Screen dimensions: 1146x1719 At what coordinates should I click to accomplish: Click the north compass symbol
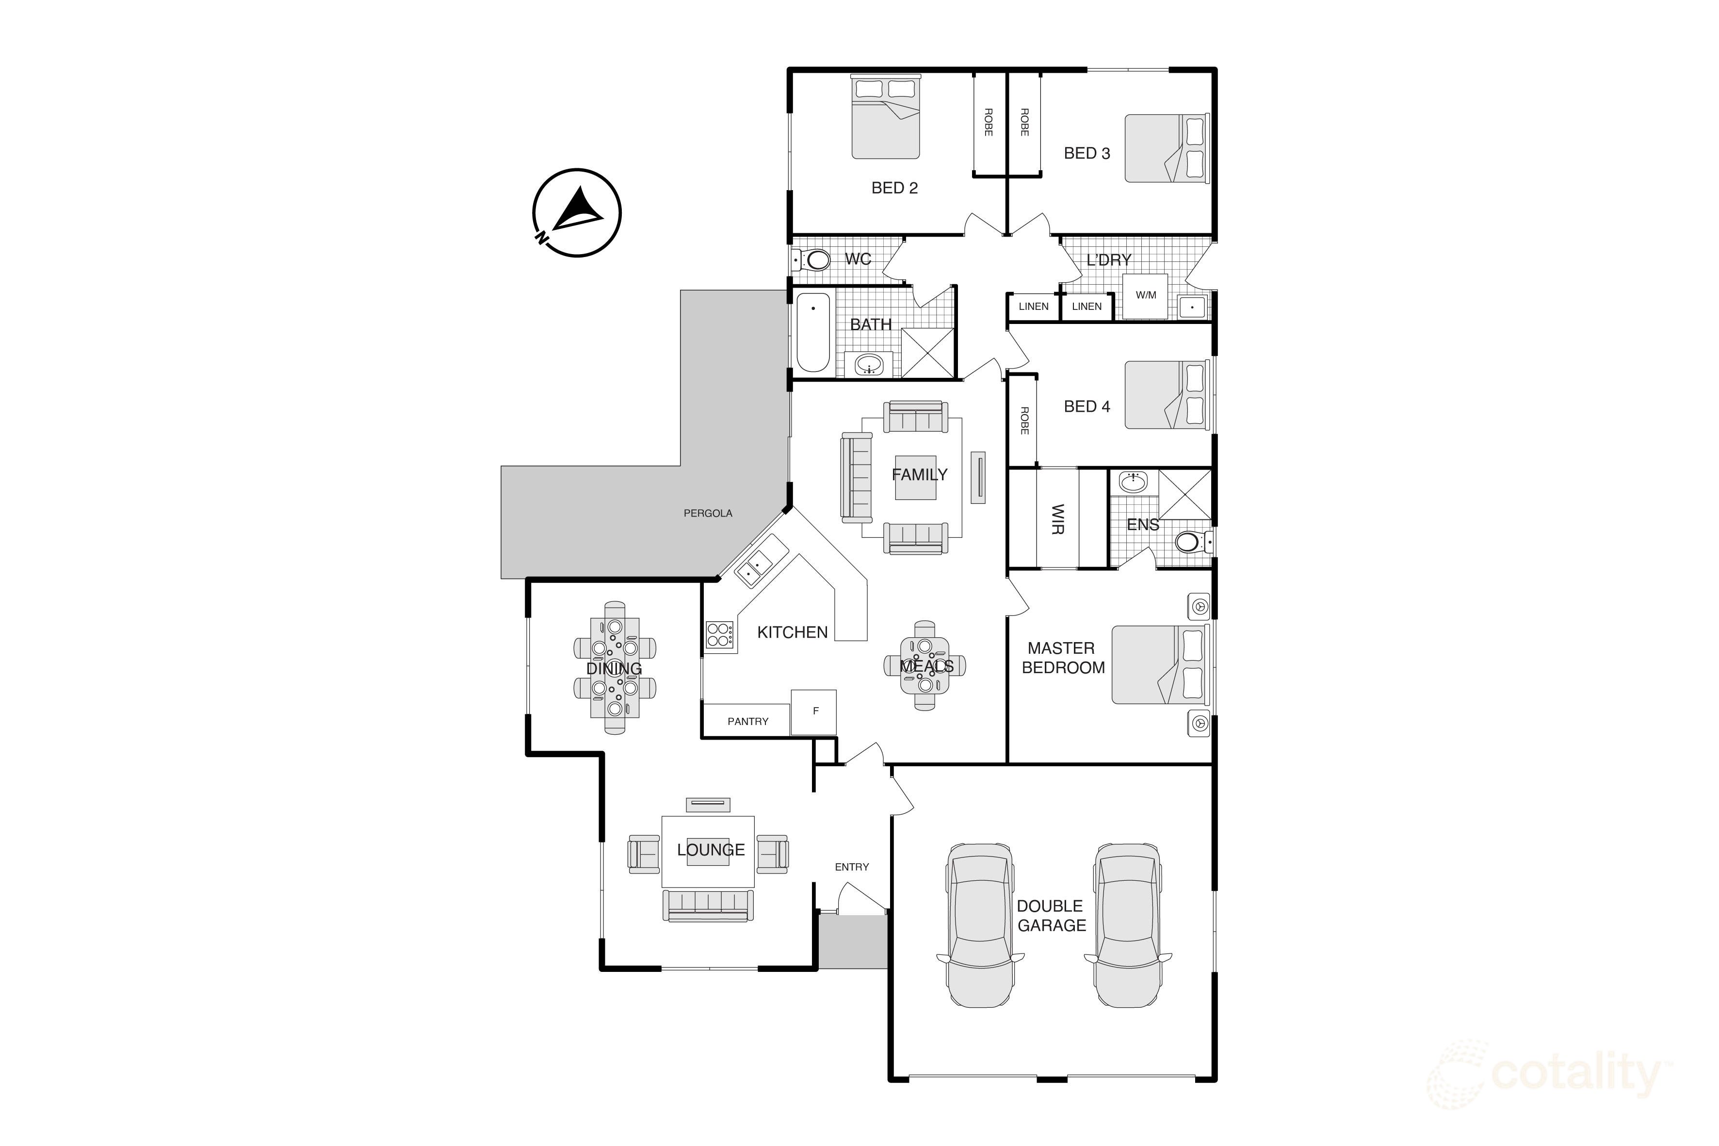click(x=577, y=213)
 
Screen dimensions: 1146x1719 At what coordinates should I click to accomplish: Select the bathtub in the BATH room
click(x=813, y=333)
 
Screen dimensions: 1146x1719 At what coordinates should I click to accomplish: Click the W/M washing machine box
click(x=1145, y=296)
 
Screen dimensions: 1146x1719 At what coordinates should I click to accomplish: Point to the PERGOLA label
click(x=708, y=513)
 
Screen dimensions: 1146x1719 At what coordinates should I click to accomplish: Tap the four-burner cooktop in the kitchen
click(x=719, y=634)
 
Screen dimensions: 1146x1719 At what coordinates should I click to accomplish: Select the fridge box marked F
click(x=815, y=711)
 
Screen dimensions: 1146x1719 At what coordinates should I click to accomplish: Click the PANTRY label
click(x=747, y=721)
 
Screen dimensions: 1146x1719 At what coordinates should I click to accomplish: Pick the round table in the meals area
click(x=924, y=666)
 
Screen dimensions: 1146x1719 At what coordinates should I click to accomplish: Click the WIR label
click(x=1057, y=519)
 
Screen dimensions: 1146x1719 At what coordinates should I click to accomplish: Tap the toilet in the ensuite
click(x=1191, y=542)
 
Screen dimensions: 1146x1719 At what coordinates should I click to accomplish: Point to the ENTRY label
click(x=851, y=867)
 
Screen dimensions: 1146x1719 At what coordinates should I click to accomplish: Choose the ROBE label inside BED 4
click(x=1024, y=421)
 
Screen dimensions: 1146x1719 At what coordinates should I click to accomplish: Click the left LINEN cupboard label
click(x=1033, y=306)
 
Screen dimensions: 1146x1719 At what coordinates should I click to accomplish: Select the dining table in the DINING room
click(x=615, y=667)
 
